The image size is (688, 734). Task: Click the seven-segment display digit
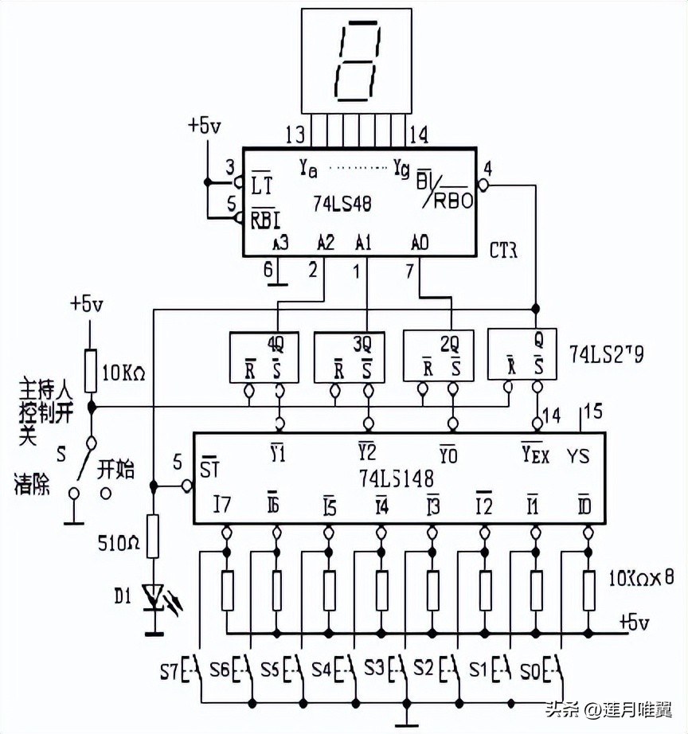[358, 61]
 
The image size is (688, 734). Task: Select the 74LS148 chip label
[397, 478]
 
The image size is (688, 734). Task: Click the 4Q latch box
[264, 357]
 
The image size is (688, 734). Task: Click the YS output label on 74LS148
[579, 457]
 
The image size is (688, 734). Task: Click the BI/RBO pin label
[444, 190]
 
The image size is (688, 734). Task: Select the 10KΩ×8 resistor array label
[638, 576]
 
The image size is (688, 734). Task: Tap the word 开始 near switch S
[115, 468]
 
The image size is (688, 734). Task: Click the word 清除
[32, 483]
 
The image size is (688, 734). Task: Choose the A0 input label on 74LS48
[420, 241]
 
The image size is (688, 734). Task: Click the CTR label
[503, 251]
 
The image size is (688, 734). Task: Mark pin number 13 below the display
[294, 134]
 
